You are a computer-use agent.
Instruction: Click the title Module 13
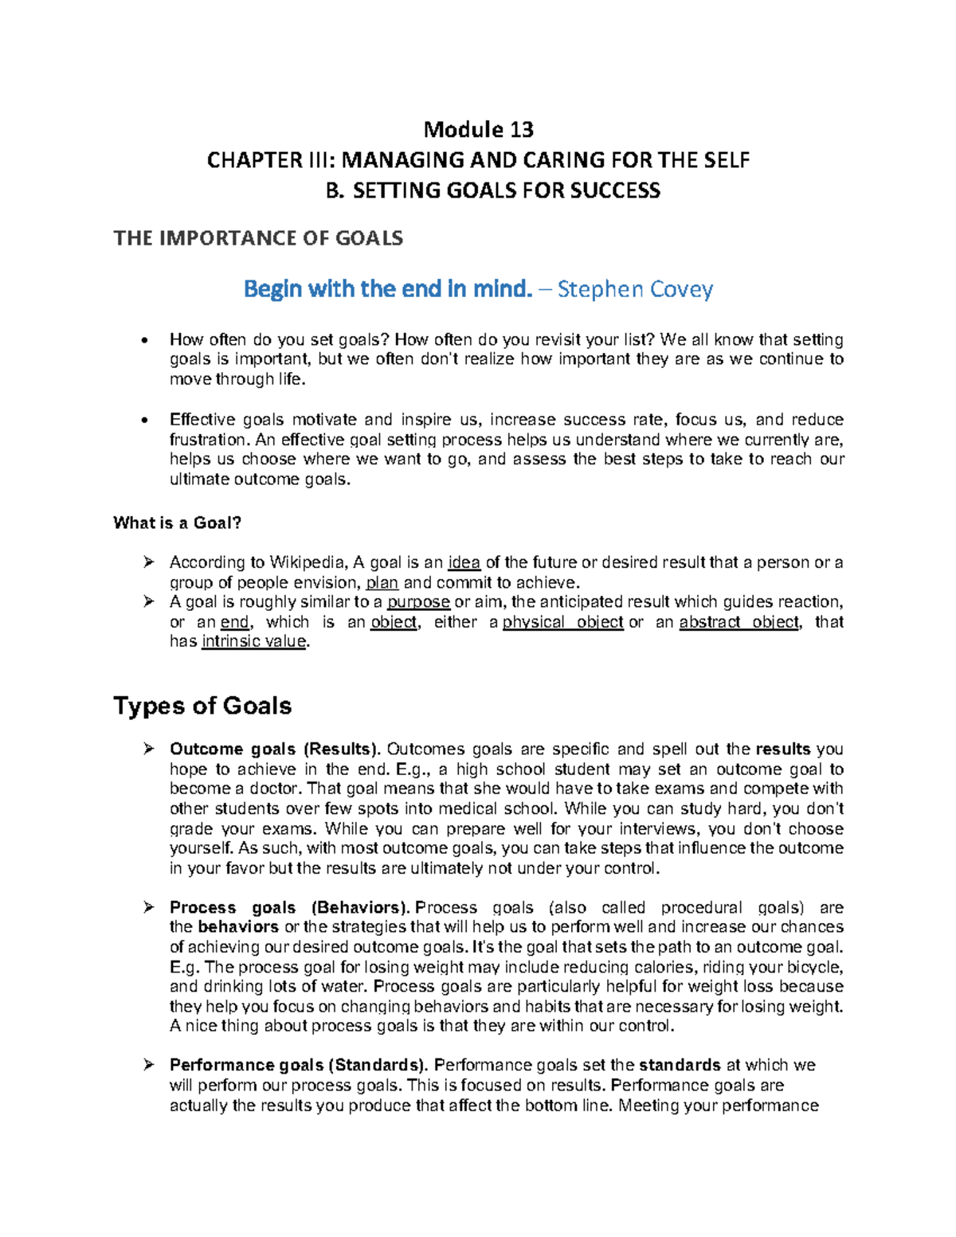pos(478,129)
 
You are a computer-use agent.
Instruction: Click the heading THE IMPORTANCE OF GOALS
pos(258,238)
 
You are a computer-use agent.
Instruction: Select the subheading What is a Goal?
pos(177,523)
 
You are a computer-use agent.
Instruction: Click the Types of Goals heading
pos(202,706)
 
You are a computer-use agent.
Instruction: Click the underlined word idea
pos(464,563)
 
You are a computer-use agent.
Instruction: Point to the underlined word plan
pos(382,583)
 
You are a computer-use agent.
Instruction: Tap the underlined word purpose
pos(418,602)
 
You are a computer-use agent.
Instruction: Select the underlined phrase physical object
pos(562,622)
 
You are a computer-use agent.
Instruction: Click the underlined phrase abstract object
pos(739,622)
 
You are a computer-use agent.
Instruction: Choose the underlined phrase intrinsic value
pos(254,642)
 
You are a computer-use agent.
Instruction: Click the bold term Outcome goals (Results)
pos(275,750)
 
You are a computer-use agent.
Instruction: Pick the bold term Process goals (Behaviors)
pos(289,908)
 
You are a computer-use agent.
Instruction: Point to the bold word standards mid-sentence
pos(680,1066)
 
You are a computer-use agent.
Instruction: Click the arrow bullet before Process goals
pos(148,907)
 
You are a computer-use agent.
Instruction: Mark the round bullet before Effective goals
pos(143,421)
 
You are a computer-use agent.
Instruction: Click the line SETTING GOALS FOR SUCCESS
pos(506,191)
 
